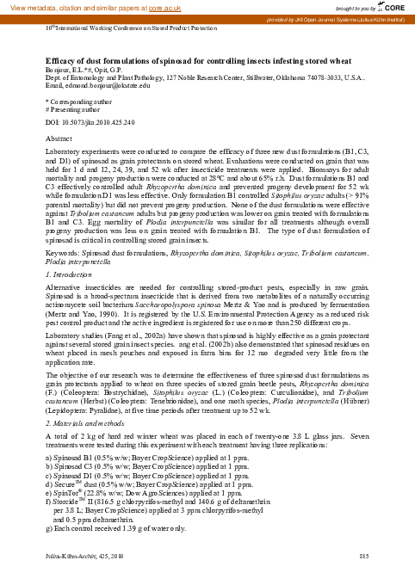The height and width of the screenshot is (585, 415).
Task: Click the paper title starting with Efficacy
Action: (x=195, y=63)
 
